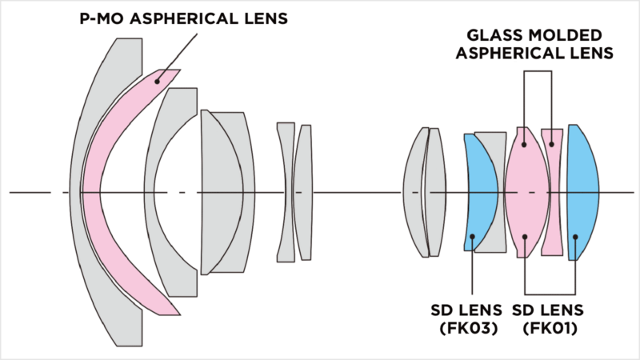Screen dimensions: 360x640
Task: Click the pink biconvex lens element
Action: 523,192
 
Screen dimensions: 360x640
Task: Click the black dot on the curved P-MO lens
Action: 158,78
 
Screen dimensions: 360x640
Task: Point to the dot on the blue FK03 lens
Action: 473,236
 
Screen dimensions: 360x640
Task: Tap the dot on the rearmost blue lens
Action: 576,237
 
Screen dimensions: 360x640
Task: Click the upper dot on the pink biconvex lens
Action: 524,144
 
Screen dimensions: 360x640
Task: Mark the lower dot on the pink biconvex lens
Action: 524,237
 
